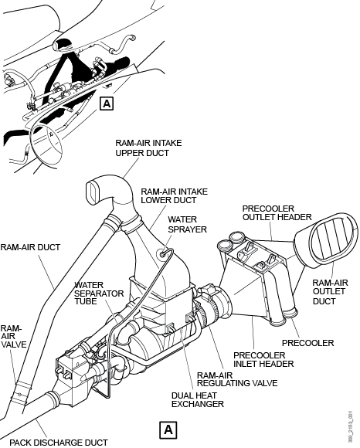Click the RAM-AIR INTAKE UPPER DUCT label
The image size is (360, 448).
coord(148,148)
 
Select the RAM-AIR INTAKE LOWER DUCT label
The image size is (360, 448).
coord(174,195)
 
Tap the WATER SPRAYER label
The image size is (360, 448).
coord(187,224)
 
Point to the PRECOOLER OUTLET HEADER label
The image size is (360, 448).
coord(277,213)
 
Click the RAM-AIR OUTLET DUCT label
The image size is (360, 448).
coord(330,292)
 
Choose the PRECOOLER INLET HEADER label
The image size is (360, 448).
coord(263,360)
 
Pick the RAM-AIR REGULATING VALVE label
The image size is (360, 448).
coord(237,379)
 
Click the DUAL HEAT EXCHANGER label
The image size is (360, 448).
coord(198,399)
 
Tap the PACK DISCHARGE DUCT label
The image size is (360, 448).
coord(59,443)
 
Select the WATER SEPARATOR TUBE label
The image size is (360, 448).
coord(99,294)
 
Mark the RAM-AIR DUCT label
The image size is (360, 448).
coord(30,247)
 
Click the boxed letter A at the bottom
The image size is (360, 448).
coord(168,429)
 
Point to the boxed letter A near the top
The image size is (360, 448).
coord(107,104)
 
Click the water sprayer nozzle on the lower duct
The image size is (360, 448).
coord(163,253)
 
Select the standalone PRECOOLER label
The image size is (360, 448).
coord(307,343)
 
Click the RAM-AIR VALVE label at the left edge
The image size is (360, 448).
coord(13,336)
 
